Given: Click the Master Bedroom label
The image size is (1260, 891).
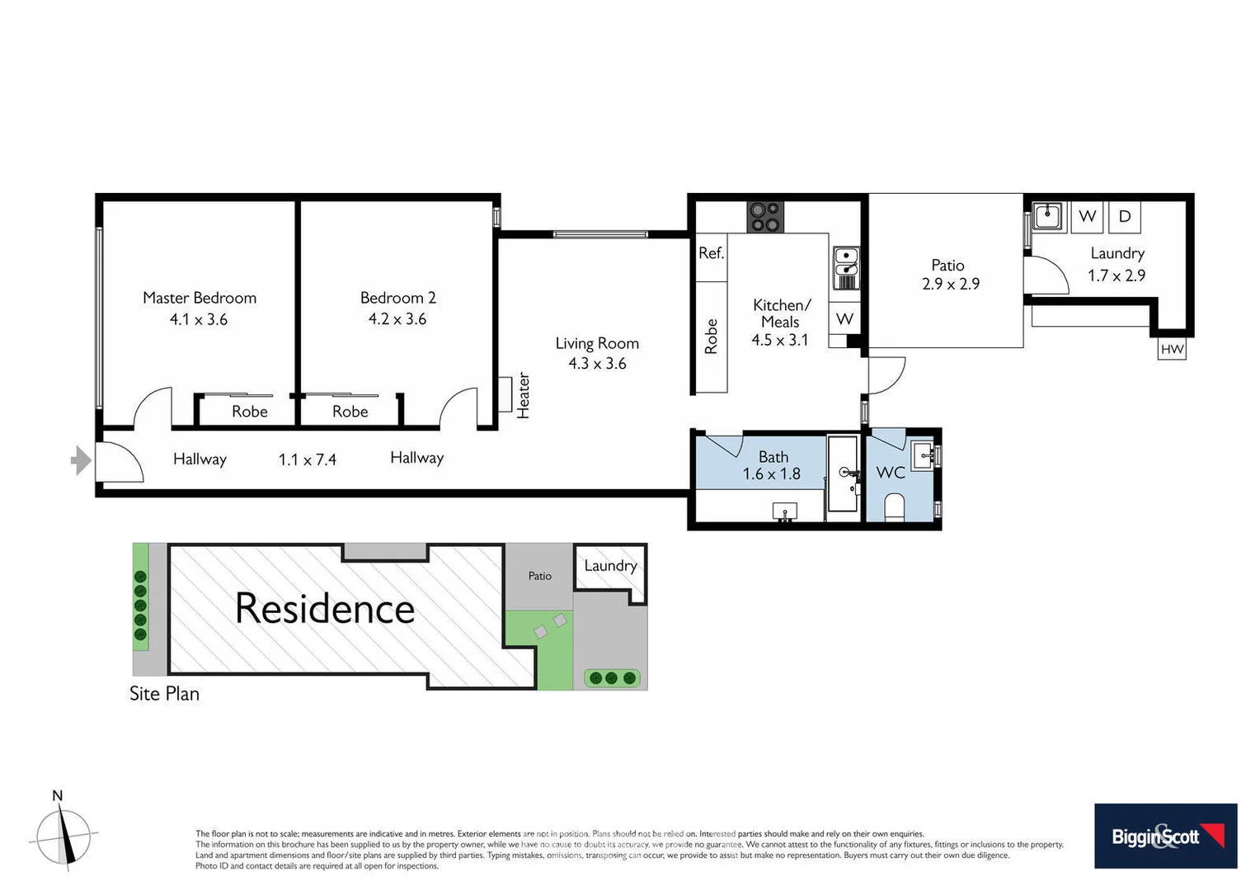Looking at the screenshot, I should (x=200, y=298).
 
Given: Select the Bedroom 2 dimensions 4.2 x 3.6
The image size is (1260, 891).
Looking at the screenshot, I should (x=397, y=319).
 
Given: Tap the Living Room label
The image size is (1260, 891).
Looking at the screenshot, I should (x=597, y=343).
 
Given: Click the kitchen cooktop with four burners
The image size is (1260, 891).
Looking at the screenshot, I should (x=764, y=217).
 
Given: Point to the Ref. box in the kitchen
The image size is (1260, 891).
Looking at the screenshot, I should (x=711, y=253).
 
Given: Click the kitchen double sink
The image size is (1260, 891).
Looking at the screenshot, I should (x=845, y=268).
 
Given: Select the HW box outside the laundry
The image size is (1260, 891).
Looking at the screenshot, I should (x=1172, y=349).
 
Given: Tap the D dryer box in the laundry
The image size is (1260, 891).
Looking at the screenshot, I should (x=1124, y=217).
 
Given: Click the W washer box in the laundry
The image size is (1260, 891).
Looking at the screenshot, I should (x=1087, y=217).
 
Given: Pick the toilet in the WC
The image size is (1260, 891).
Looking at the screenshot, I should (x=894, y=506).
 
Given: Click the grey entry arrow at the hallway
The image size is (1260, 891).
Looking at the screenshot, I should (x=81, y=460).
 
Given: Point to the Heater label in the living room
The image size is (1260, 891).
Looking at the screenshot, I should (x=523, y=395).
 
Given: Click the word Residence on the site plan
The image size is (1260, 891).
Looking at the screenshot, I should (x=324, y=609).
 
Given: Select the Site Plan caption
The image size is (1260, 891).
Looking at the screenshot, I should (x=164, y=694).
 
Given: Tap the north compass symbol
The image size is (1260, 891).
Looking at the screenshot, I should (x=63, y=835).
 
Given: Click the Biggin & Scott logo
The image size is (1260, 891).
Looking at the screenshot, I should (x=1165, y=836).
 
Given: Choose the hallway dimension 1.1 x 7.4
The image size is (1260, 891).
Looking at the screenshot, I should (x=307, y=460).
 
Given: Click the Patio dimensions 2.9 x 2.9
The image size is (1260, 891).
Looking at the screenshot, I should (x=950, y=285).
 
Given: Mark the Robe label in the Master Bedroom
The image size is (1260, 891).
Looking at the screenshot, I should (x=249, y=412).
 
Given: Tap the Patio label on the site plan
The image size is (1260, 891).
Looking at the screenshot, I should (x=539, y=576).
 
